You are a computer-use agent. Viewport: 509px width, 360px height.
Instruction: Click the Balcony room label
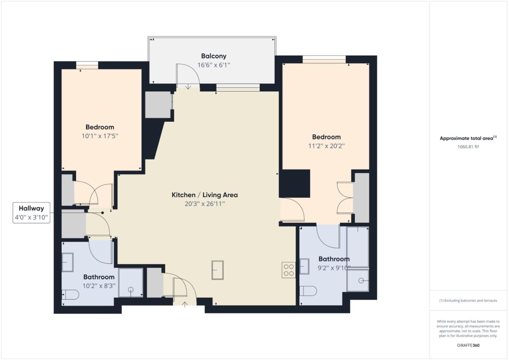click(x=214, y=56)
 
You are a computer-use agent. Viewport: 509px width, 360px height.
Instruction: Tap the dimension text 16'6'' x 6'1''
click(x=214, y=65)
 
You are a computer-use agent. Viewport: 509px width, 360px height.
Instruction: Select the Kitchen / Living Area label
click(x=204, y=195)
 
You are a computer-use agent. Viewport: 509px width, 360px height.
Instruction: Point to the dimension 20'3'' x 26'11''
click(x=204, y=204)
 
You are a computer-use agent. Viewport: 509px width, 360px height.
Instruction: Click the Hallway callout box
click(x=31, y=213)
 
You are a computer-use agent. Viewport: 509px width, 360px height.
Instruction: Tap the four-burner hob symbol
click(x=289, y=270)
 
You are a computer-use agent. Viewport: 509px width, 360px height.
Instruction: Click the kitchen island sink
click(x=217, y=270)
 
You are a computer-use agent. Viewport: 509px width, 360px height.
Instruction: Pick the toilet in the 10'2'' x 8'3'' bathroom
click(x=71, y=295)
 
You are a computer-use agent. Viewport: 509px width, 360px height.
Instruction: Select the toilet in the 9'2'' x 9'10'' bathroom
click(x=308, y=291)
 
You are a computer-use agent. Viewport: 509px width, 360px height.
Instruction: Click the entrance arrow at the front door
click(x=185, y=305)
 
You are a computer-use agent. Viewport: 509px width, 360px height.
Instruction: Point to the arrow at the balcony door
click(x=188, y=87)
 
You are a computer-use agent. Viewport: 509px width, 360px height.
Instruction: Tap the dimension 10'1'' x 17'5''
click(x=100, y=136)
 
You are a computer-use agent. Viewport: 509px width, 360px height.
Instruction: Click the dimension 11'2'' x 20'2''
click(x=326, y=146)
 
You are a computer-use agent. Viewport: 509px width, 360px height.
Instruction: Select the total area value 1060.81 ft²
click(x=468, y=147)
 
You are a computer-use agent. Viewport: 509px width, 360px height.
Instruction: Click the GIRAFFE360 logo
click(x=468, y=345)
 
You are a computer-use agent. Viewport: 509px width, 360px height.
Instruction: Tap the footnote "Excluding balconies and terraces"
click(x=468, y=300)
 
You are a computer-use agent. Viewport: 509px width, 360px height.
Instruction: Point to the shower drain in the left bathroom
click(x=131, y=289)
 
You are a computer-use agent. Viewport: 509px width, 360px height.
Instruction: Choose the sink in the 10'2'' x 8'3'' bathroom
click(x=68, y=262)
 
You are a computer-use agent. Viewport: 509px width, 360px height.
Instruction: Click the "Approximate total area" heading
click(x=468, y=138)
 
